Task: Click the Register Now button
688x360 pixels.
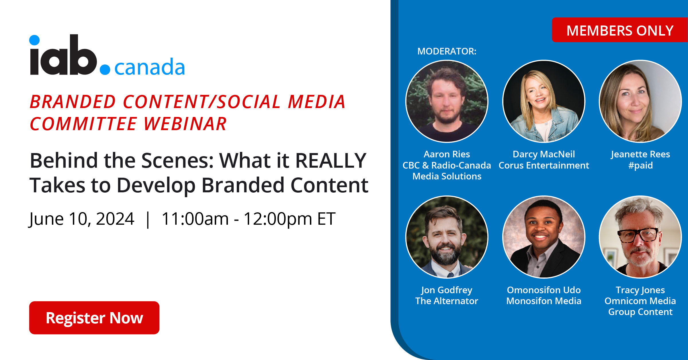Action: tap(94, 318)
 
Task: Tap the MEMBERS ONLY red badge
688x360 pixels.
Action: tap(620, 30)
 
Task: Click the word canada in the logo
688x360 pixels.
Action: tap(150, 67)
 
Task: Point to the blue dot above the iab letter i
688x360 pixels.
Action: tap(34, 40)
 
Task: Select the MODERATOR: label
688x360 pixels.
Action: tap(447, 51)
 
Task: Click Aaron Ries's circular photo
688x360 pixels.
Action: tap(447, 101)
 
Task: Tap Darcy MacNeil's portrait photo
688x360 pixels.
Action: tap(544, 101)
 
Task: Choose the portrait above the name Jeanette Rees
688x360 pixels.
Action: tap(640, 101)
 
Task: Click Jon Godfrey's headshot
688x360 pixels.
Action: tap(447, 237)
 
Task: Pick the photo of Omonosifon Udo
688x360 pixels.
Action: tap(544, 237)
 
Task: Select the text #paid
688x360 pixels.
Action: tap(640, 165)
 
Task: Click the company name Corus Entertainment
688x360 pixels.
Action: tap(544, 165)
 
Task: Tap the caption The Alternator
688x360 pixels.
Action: tap(447, 301)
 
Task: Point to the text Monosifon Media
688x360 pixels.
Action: tap(544, 301)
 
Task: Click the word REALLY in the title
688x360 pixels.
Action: tap(331, 161)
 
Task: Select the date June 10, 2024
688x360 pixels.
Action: tap(81, 219)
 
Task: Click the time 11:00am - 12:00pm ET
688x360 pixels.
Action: tap(249, 219)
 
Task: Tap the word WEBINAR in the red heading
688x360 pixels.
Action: tap(185, 124)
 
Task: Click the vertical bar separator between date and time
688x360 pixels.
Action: tap(148, 220)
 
